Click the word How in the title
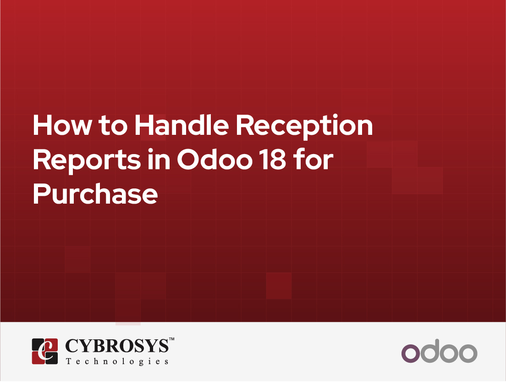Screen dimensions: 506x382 click(62, 125)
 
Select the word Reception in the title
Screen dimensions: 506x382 click(304, 127)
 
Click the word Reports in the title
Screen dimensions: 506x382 click(87, 161)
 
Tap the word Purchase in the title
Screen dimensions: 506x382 click(95, 193)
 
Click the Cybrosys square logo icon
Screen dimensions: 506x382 click(45, 351)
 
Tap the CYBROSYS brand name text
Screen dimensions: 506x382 click(117, 346)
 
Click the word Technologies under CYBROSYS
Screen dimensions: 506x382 click(117, 361)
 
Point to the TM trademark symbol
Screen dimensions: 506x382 click(172, 339)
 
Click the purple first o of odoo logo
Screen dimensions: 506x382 click(411, 353)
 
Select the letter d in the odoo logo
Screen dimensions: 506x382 click(430, 351)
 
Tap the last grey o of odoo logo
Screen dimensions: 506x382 click(468, 353)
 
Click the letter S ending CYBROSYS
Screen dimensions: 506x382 click(162, 346)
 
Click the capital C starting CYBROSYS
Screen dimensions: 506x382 click(72, 346)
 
